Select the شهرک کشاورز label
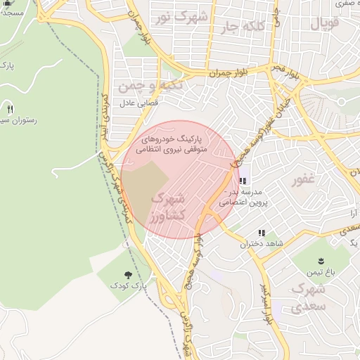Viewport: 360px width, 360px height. click(167, 207)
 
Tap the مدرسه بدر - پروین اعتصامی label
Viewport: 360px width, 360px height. click(240, 196)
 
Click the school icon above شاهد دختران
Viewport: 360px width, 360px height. click(262, 233)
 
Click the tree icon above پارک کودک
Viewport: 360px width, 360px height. click(127, 274)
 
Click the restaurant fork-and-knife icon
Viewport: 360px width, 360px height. click(10, 109)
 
